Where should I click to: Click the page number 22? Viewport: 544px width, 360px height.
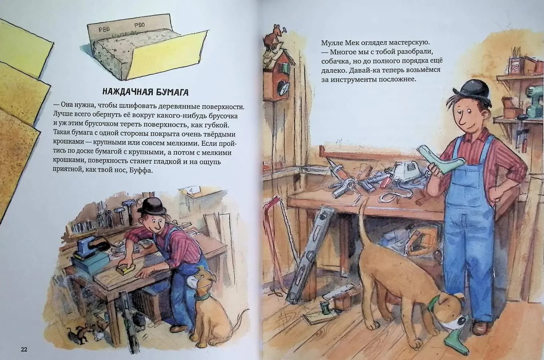tap(24, 349)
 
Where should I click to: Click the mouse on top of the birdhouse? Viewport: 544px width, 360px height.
tap(274, 36)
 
